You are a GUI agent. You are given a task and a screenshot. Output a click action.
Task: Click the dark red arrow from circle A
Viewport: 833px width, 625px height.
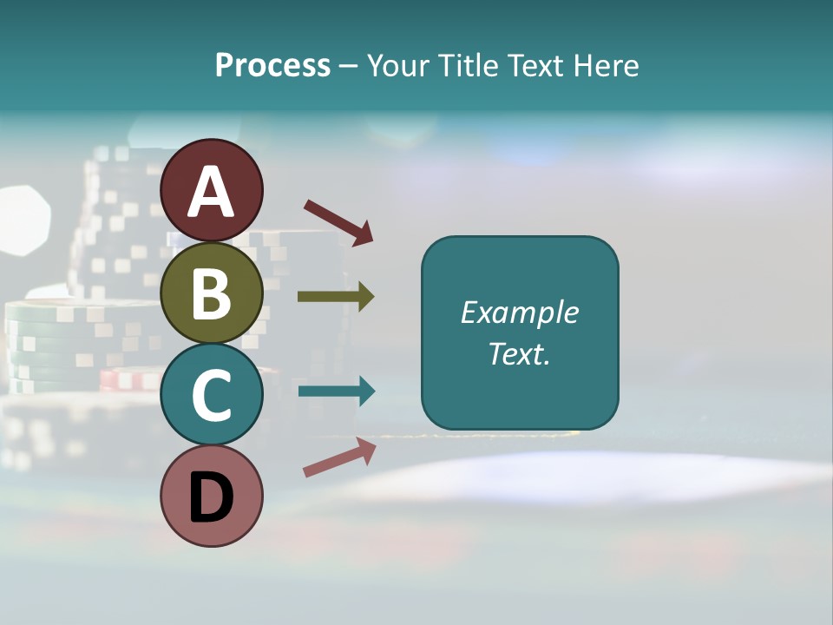coord(338,221)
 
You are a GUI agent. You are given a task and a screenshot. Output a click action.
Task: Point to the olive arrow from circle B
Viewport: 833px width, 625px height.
coord(336,297)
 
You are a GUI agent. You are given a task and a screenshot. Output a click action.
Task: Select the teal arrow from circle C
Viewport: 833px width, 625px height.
coord(337,391)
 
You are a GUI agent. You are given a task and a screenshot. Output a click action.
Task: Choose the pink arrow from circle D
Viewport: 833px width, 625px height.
coord(339,458)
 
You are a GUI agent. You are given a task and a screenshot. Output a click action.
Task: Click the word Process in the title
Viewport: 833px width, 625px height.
coord(272,65)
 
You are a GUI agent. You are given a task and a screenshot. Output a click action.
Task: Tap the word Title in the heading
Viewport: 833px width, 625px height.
coord(469,65)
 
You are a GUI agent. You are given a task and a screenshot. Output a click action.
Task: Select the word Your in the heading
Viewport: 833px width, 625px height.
coord(400,65)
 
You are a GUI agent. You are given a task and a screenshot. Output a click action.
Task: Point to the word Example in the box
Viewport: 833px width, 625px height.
coord(520,312)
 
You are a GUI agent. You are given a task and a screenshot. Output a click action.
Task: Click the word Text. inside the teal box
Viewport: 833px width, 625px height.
coord(520,354)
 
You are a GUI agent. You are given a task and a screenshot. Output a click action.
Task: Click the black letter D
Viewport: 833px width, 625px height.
coord(212,497)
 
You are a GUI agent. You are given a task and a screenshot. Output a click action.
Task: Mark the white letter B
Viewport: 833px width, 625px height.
coord(212,294)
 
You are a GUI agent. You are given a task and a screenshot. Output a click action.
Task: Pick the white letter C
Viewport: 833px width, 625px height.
coord(212,396)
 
